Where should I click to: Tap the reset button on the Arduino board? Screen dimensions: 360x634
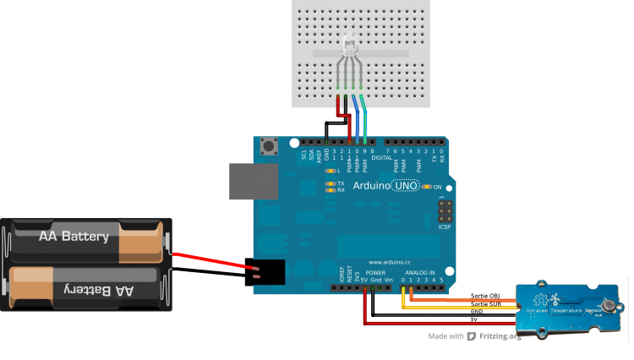coord(272,147)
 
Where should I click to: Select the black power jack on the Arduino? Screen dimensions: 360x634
coord(264,272)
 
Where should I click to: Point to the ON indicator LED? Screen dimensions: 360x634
coord(427,186)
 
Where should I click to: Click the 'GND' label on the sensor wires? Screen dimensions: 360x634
coord(478,312)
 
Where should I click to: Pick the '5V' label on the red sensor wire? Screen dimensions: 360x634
coord(474,319)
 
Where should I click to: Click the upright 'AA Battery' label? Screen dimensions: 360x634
coord(74,237)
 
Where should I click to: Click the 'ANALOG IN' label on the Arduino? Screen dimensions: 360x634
coord(419,274)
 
